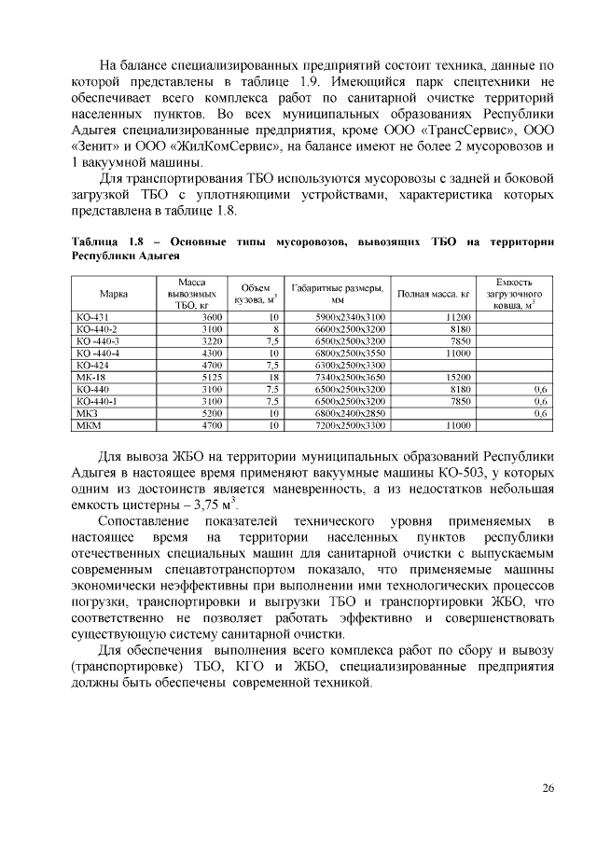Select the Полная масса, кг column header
pos(433,294)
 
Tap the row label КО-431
pos(92,318)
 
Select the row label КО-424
pos(92,365)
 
